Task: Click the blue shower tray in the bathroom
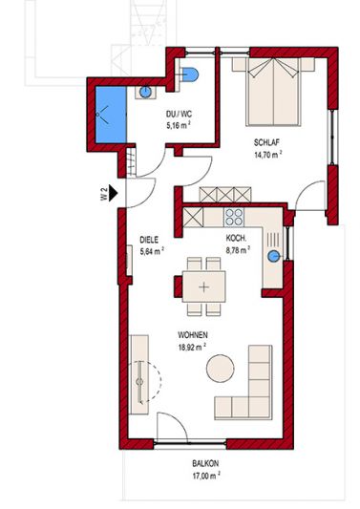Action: (x=111, y=115)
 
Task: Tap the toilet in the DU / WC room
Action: (x=188, y=74)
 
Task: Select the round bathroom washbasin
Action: (x=145, y=92)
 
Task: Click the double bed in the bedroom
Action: (x=273, y=92)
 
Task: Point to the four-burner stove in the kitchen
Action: (x=234, y=217)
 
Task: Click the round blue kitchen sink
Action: (x=274, y=256)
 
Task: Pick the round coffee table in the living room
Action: (x=220, y=369)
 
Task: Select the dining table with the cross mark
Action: (x=203, y=286)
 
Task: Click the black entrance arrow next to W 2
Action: (x=113, y=193)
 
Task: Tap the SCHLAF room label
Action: (x=266, y=142)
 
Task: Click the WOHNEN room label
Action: (x=193, y=334)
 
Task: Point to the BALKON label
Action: (x=205, y=463)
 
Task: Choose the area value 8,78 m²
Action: (x=238, y=249)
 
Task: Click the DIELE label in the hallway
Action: (x=149, y=240)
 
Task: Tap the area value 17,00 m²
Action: (x=206, y=476)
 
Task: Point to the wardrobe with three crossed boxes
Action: (x=225, y=195)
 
